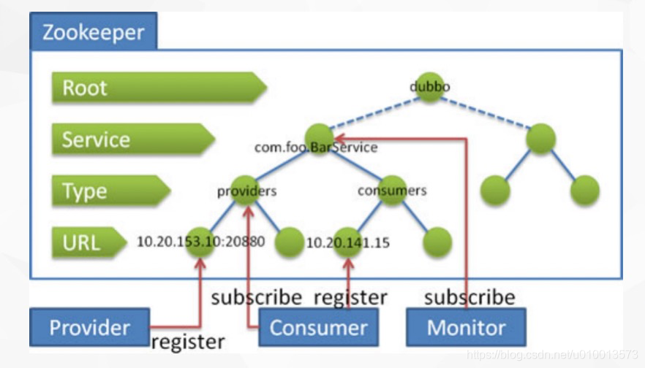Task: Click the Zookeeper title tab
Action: tap(93, 31)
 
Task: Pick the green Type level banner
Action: tap(110, 191)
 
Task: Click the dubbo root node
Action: tap(430, 87)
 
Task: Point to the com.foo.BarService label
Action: tap(316, 147)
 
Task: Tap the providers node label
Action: tap(246, 191)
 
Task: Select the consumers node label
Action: tap(392, 191)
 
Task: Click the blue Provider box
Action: tap(89, 327)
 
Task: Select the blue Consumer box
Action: tap(317, 327)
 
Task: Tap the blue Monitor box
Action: tap(466, 326)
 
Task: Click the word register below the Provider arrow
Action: tap(188, 341)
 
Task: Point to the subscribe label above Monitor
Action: tap(469, 297)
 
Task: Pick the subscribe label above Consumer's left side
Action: tap(256, 297)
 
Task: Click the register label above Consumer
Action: tap(350, 297)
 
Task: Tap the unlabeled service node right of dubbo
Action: tap(540, 139)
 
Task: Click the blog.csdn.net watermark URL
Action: tap(553, 356)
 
